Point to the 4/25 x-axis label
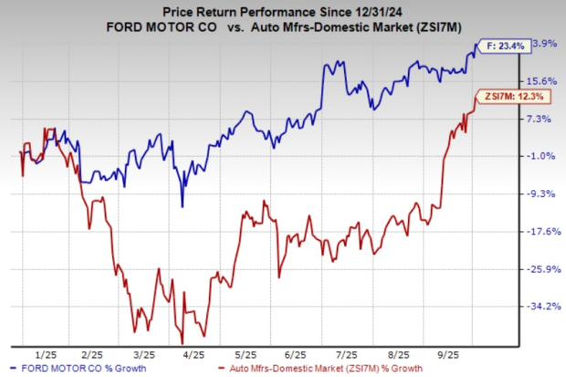pyautogui.click(x=193, y=353)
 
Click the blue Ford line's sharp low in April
pyautogui.click(x=182, y=205)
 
